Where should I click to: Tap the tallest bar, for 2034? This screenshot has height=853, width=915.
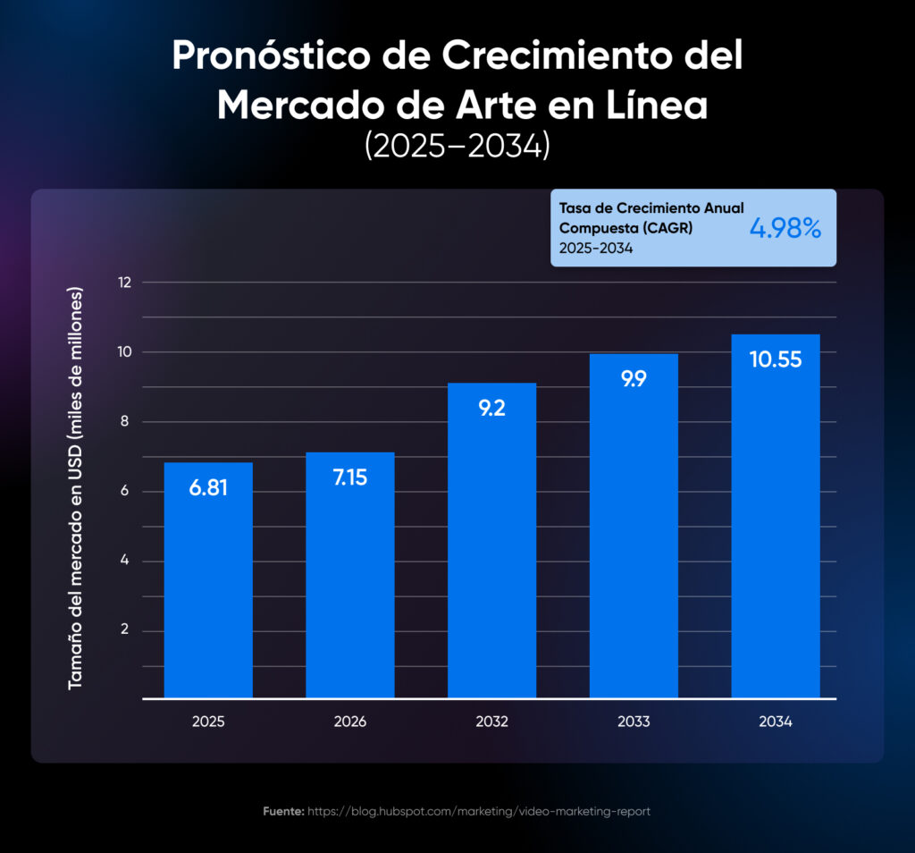click(x=776, y=528)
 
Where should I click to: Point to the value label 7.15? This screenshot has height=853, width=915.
click(x=350, y=477)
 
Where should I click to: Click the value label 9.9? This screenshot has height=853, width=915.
click(x=634, y=378)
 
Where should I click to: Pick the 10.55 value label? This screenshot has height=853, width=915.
click(x=776, y=359)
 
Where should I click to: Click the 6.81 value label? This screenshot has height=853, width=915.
click(x=208, y=488)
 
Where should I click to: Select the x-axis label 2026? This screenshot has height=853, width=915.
click(x=350, y=722)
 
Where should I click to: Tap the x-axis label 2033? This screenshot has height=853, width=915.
click(x=634, y=722)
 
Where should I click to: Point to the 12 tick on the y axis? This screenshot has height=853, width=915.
click(x=124, y=283)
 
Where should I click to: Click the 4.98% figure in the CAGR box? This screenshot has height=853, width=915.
click(x=785, y=228)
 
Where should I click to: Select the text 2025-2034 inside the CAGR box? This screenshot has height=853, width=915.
click(x=596, y=249)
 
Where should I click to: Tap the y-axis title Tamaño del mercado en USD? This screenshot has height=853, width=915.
click(x=76, y=487)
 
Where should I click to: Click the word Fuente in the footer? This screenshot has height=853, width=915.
click(x=283, y=812)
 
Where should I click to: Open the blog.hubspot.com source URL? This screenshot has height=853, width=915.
click(x=479, y=812)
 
